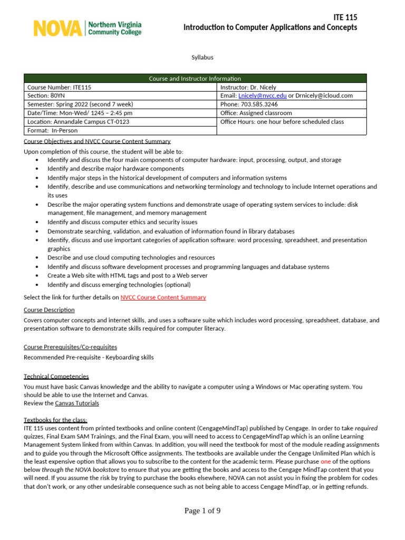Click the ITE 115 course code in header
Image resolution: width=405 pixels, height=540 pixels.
point(345,17)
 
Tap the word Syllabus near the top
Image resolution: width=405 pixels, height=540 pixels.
point(202,57)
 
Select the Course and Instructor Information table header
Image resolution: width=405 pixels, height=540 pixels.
point(195,79)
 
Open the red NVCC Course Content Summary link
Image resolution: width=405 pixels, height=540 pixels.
point(163,297)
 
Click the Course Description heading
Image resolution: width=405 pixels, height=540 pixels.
point(49,310)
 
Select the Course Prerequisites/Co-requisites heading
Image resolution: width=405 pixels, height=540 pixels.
point(70,346)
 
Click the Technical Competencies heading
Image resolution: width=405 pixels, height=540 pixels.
point(56,376)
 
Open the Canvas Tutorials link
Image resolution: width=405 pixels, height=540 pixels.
point(76,403)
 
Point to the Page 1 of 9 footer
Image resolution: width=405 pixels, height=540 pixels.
point(202,510)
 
